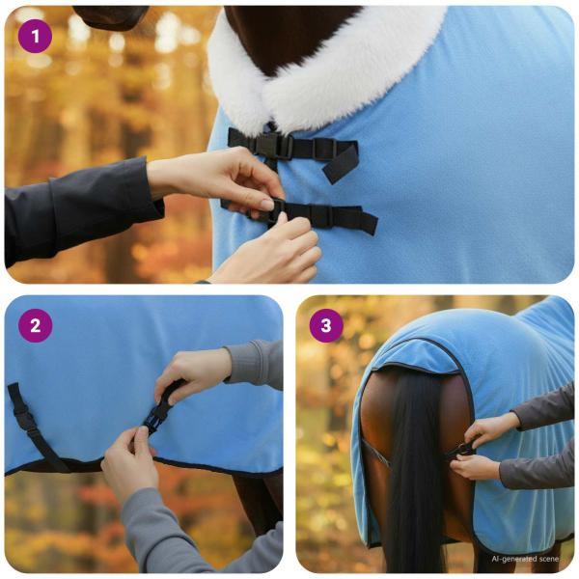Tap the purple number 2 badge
tap(36, 325)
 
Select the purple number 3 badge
tap(326, 325)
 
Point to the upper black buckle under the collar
tap(274, 145)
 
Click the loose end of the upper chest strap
tap(343, 164)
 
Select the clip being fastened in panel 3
tap(464, 449)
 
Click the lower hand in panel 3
tap(478, 467)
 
